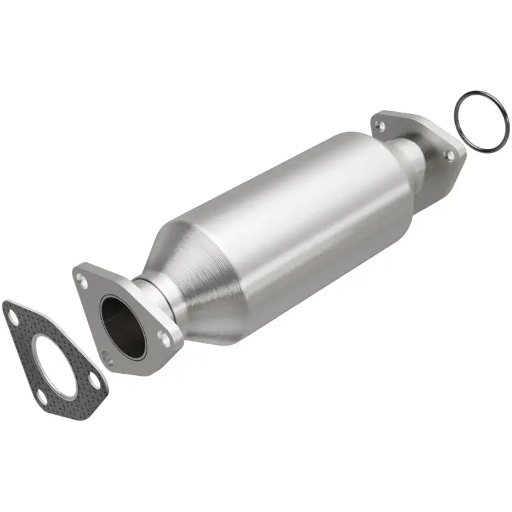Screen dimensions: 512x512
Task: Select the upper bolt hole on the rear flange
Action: [x=381, y=126]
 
